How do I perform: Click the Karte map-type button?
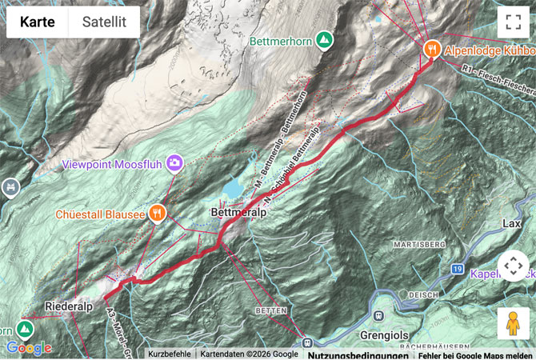coord(38,22)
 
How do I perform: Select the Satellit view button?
coord(103,22)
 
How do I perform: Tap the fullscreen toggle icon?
coord(513,22)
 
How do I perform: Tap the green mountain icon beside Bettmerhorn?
coord(324,38)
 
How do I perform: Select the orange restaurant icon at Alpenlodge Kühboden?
coord(432,49)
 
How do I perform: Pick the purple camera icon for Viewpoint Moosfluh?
coord(174,163)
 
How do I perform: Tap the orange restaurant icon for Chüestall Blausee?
coord(158,214)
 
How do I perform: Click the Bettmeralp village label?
coord(231,214)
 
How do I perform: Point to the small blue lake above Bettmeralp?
coord(234,188)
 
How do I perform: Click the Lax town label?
coord(511,222)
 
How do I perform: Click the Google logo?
coord(28,348)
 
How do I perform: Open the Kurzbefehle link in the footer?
coord(169,354)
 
